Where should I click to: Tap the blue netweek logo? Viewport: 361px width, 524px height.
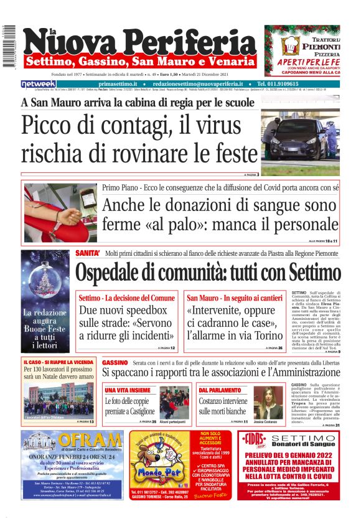tap(39, 83)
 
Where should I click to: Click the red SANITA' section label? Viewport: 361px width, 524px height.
tap(88, 253)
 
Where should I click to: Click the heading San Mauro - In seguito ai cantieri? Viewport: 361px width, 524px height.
tap(230, 298)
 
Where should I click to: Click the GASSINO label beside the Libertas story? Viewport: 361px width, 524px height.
tap(115, 362)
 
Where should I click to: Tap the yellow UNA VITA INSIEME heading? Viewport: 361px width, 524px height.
tap(126, 390)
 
